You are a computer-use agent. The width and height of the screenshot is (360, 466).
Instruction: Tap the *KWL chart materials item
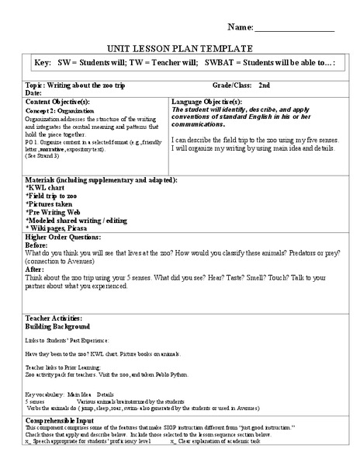click(x=48, y=188)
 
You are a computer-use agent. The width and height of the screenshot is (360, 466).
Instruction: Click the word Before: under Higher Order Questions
click(x=38, y=246)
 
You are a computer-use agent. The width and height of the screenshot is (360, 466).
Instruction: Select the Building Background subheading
click(x=58, y=327)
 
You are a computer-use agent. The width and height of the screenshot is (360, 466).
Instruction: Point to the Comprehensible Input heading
click(x=61, y=420)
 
